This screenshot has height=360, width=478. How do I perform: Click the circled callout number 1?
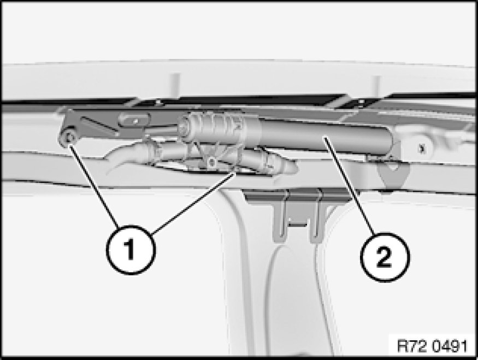pyautogui.click(x=131, y=250)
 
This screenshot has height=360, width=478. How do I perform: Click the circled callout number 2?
pyautogui.click(x=385, y=257)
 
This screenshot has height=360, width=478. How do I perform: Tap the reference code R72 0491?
pyautogui.click(x=432, y=346)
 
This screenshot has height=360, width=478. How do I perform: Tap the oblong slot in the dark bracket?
pyautogui.click(x=134, y=120)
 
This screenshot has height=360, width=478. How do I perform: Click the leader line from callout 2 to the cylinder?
pyautogui.click(x=350, y=186)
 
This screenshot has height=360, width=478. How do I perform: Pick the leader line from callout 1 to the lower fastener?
pyautogui.click(x=193, y=203)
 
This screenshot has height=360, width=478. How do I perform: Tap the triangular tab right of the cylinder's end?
pyautogui.click(x=392, y=174)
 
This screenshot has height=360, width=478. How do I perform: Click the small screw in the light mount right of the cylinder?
pyautogui.click(x=422, y=149)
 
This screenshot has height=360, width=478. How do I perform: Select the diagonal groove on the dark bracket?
pyautogui.click(x=101, y=126)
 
